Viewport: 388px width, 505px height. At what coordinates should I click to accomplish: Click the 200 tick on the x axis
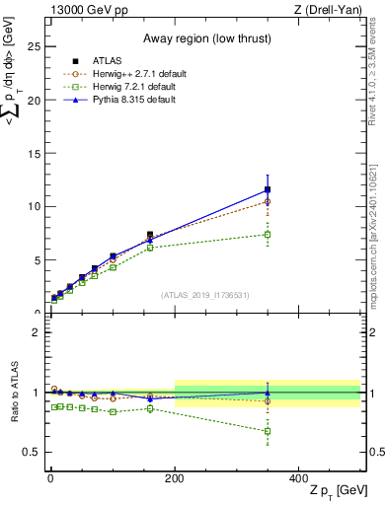tap(175, 479)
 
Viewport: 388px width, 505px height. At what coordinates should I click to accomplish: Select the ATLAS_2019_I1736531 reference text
tap(203, 294)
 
